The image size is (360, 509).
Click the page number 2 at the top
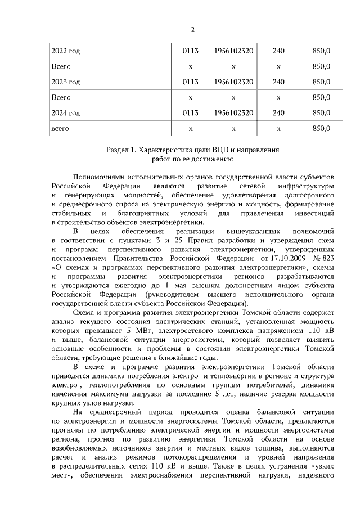(x=193, y=29)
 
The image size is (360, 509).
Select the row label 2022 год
(x=65, y=51)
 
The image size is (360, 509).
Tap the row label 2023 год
(x=65, y=82)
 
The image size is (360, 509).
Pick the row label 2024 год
(x=65, y=113)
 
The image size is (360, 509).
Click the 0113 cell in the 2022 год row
(x=191, y=51)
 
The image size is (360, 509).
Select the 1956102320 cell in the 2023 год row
(x=233, y=82)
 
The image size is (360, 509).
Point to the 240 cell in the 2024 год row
(x=278, y=113)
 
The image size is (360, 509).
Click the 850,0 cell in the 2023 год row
(x=321, y=82)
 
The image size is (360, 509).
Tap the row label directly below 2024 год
(x=60, y=129)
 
